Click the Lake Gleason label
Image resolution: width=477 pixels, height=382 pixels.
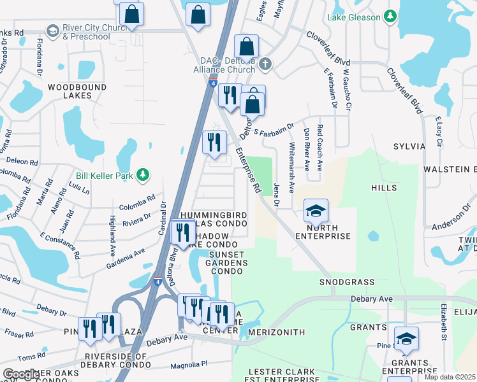(355, 17)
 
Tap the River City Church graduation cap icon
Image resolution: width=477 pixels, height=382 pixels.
(52, 31)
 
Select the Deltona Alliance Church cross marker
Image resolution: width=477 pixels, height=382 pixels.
(266, 64)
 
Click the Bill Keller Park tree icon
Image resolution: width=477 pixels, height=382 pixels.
(145, 174)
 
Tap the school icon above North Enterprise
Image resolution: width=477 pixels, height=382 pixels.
(315, 211)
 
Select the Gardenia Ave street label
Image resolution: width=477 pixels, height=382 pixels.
(126, 258)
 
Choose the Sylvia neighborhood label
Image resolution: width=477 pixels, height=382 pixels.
(409, 146)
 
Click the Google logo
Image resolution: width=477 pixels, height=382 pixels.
(21, 374)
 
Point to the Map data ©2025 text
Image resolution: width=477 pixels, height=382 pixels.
(450, 377)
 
